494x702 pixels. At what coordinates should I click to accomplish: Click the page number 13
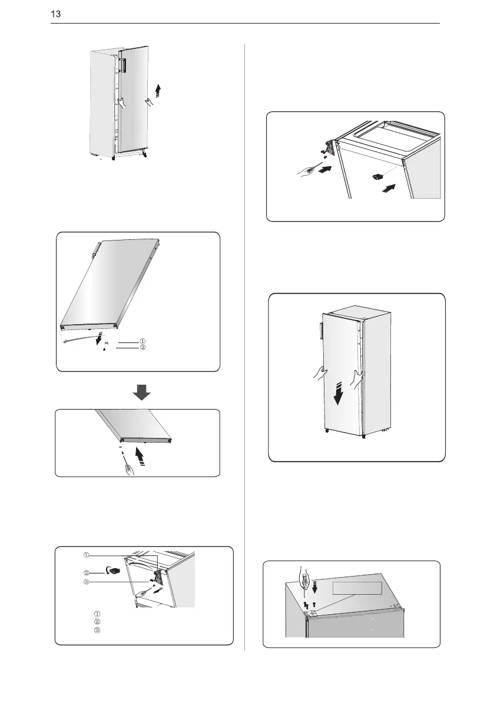[55, 14]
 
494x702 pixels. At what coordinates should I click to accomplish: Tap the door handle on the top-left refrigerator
[122, 64]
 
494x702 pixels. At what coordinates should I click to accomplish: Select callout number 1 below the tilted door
[142, 342]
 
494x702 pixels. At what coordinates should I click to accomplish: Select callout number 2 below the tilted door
[142, 347]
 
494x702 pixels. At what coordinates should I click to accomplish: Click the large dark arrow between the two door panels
[142, 392]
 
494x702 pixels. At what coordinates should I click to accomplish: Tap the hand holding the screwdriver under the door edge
[130, 470]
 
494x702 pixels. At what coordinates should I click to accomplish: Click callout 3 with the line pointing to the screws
[87, 582]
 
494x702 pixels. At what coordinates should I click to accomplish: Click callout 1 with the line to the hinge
[87, 555]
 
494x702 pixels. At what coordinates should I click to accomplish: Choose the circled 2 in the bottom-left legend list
[97, 622]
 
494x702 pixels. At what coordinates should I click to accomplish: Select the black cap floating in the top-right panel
[378, 176]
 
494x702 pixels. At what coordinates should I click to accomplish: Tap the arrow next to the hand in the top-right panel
[326, 170]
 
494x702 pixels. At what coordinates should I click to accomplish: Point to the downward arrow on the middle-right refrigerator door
[339, 393]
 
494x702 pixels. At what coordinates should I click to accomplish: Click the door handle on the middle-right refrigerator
[321, 326]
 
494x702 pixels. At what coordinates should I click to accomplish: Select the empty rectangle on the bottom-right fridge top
[357, 588]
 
